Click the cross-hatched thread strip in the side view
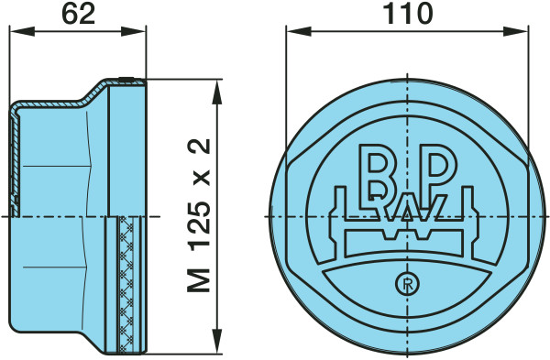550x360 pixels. [126, 284]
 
